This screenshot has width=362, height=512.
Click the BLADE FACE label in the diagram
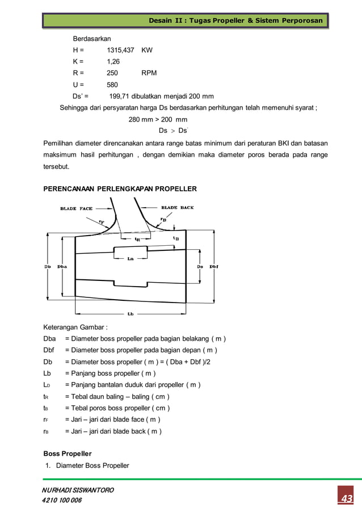click(x=76, y=208)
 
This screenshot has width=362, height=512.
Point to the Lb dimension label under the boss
click(x=131, y=314)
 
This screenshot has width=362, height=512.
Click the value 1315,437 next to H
click(x=120, y=50)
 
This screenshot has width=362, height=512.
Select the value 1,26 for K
click(x=113, y=61)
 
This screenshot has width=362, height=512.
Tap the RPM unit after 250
click(x=149, y=73)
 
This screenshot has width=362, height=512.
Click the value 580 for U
click(x=112, y=85)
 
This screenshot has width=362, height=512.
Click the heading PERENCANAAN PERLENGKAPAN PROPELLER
click(x=120, y=188)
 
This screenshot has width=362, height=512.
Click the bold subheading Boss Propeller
click(x=68, y=454)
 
